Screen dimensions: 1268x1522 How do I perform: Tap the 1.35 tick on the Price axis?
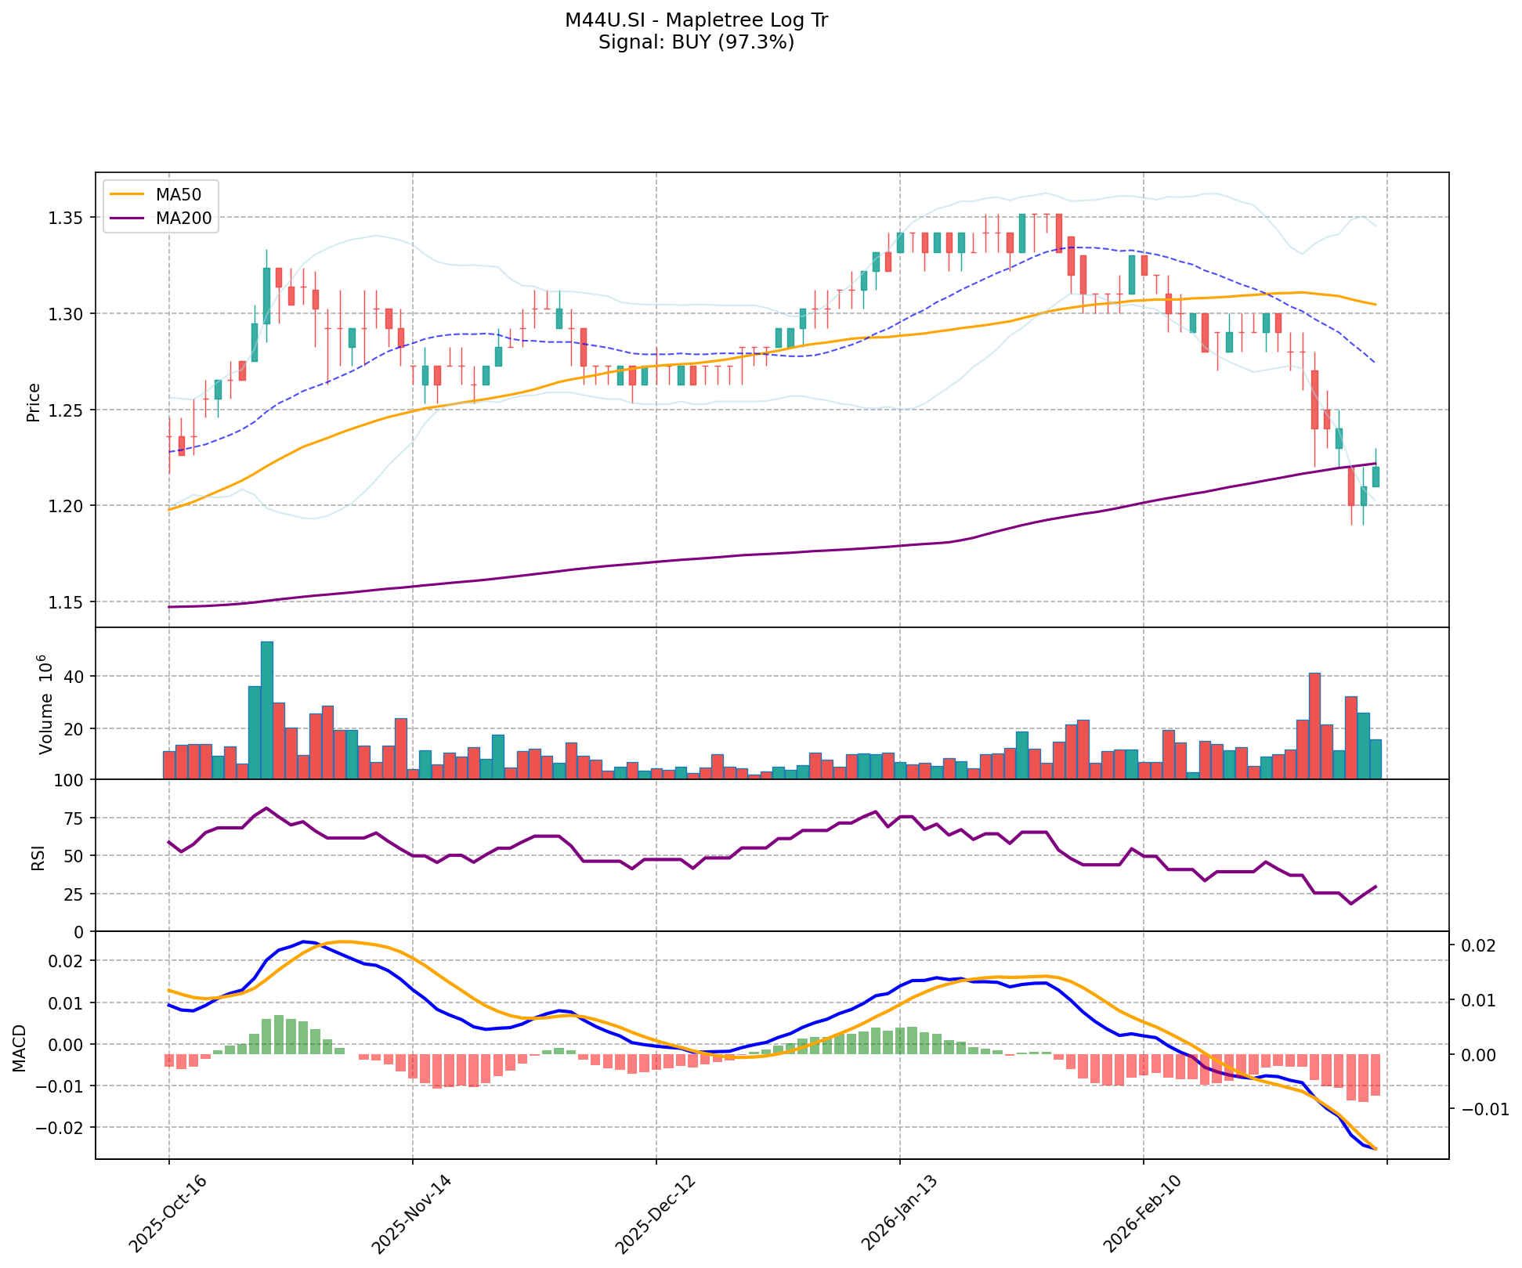pos(69,218)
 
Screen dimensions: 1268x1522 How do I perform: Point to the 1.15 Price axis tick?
pos(69,602)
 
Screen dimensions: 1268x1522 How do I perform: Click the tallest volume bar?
pos(267,710)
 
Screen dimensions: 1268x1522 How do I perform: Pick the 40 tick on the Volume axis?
pos(75,677)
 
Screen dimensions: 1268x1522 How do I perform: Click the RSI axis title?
pos(38,855)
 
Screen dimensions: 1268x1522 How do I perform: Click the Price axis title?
pos(34,403)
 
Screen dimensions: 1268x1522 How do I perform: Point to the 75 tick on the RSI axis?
pos(75,818)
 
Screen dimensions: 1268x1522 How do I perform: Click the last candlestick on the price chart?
pos(1376,476)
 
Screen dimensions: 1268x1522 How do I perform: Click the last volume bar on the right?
pos(1376,759)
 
